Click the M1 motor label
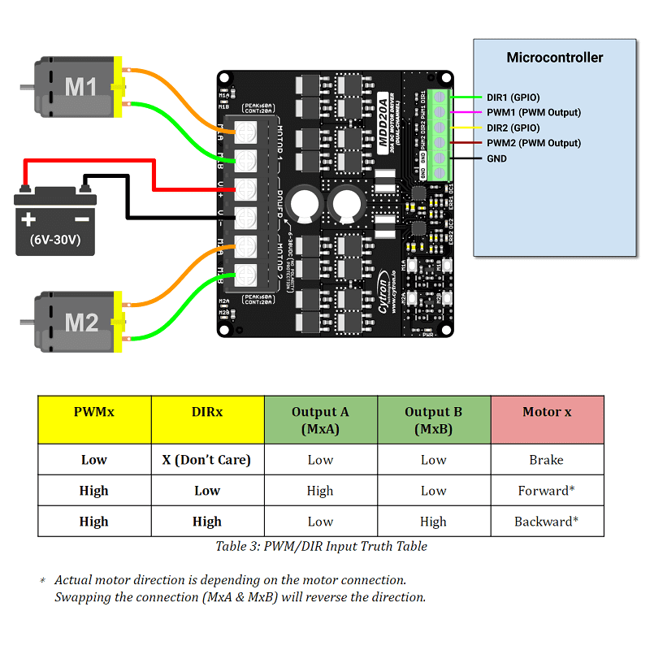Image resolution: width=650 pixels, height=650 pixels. tap(80, 86)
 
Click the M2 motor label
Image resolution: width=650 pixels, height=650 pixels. tap(81, 323)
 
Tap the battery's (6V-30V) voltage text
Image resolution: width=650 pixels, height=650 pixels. tap(55, 240)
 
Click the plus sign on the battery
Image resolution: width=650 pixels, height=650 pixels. tap(29, 219)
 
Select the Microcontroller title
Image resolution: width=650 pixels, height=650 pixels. tap(555, 58)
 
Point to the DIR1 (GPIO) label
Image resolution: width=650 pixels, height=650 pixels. tap(513, 97)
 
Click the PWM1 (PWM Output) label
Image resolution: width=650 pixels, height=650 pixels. tap(534, 112)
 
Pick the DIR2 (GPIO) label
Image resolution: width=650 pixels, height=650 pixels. tap(513, 128)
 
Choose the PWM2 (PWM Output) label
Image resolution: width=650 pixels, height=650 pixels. tap(534, 143)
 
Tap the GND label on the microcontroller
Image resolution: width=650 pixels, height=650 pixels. tap(496, 158)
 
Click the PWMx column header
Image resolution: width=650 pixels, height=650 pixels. tap(94, 412)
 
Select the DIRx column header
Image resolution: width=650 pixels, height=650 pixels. tap(207, 412)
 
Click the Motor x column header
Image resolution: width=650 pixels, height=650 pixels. tap(547, 412)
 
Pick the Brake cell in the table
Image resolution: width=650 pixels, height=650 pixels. tap(546, 460)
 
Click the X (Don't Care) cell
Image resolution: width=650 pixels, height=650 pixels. tap(207, 460)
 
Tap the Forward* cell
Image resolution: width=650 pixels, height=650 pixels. tap(546, 491)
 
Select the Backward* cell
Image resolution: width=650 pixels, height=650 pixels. tap(546, 522)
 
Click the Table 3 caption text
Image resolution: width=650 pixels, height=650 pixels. tap(321, 546)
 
